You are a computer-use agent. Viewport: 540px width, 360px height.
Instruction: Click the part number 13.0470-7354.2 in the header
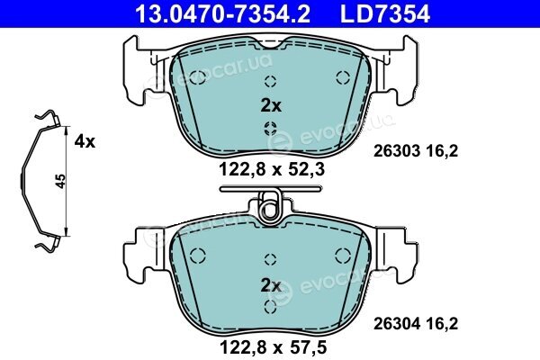(x=222, y=14)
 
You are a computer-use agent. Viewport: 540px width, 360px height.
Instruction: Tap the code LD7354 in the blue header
(x=385, y=14)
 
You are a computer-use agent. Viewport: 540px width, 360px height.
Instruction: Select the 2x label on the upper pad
(x=271, y=106)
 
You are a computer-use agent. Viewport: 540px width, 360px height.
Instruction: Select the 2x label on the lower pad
(x=271, y=285)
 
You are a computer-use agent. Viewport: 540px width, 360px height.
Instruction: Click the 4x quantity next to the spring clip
(x=85, y=141)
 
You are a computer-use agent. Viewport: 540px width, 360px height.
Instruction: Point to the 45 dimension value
(x=60, y=181)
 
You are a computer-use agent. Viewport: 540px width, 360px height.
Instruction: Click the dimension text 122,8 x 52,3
(x=272, y=169)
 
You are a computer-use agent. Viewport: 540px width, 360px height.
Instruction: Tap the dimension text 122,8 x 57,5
(x=272, y=347)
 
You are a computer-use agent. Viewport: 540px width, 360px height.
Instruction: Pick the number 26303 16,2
(x=416, y=151)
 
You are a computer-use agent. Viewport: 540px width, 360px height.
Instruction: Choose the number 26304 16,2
(x=416, y=324)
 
